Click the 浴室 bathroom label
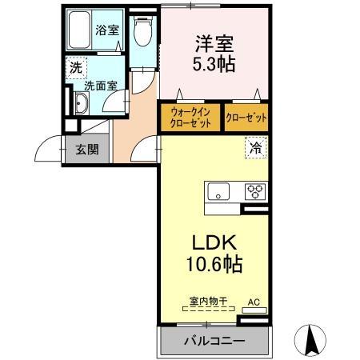coord(106,30)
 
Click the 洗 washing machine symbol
coord(74,69)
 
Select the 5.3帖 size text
coord(214,65)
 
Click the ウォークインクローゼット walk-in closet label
coord(191,118)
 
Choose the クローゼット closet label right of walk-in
coord(246,118)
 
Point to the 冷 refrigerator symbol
coord(255,148)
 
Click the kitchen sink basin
coord(218,192)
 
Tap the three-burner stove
coord(256,191)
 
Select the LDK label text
coord(213,242)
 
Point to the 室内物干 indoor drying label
coord(208,302)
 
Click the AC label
coord(254,302)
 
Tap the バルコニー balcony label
coord(214,340)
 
